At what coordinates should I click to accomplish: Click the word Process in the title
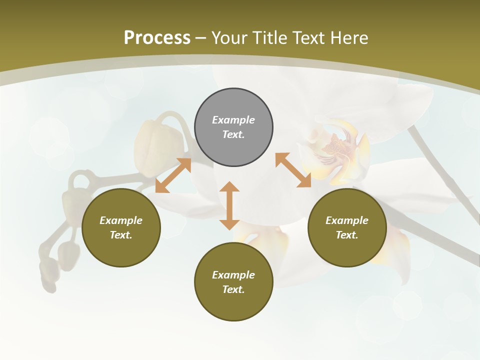[157, 38]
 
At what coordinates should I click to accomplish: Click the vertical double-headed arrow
[229, 205]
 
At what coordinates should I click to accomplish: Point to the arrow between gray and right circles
[293, 170]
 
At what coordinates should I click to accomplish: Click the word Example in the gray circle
[233, 120]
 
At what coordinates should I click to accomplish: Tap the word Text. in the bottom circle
[233, 289]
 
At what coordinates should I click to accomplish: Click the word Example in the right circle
[347, 220]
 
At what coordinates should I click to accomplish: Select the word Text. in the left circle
[121, 235]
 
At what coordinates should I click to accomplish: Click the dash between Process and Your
[201, 38]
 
